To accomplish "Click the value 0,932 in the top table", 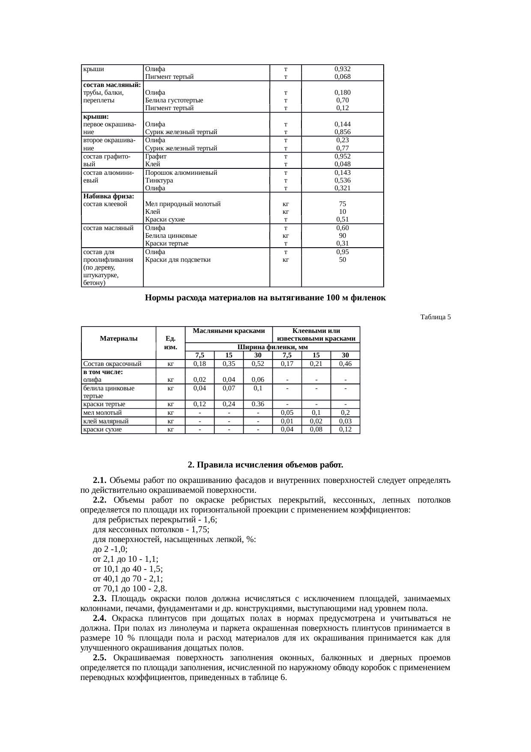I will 342,69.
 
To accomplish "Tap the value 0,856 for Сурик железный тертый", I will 342,132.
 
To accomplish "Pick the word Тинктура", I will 159,180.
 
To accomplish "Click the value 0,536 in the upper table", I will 342,180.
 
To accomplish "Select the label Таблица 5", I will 435,317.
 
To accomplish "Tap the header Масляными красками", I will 229,331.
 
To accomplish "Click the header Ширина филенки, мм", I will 272,347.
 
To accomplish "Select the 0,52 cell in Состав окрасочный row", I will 258,364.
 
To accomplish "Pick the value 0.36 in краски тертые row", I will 258,404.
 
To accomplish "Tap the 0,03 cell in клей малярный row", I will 345,421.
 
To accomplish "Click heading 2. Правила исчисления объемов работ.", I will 265,465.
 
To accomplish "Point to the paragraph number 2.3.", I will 99,599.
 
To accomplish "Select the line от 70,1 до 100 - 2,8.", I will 130,588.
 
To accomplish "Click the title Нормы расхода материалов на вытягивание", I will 265,298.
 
